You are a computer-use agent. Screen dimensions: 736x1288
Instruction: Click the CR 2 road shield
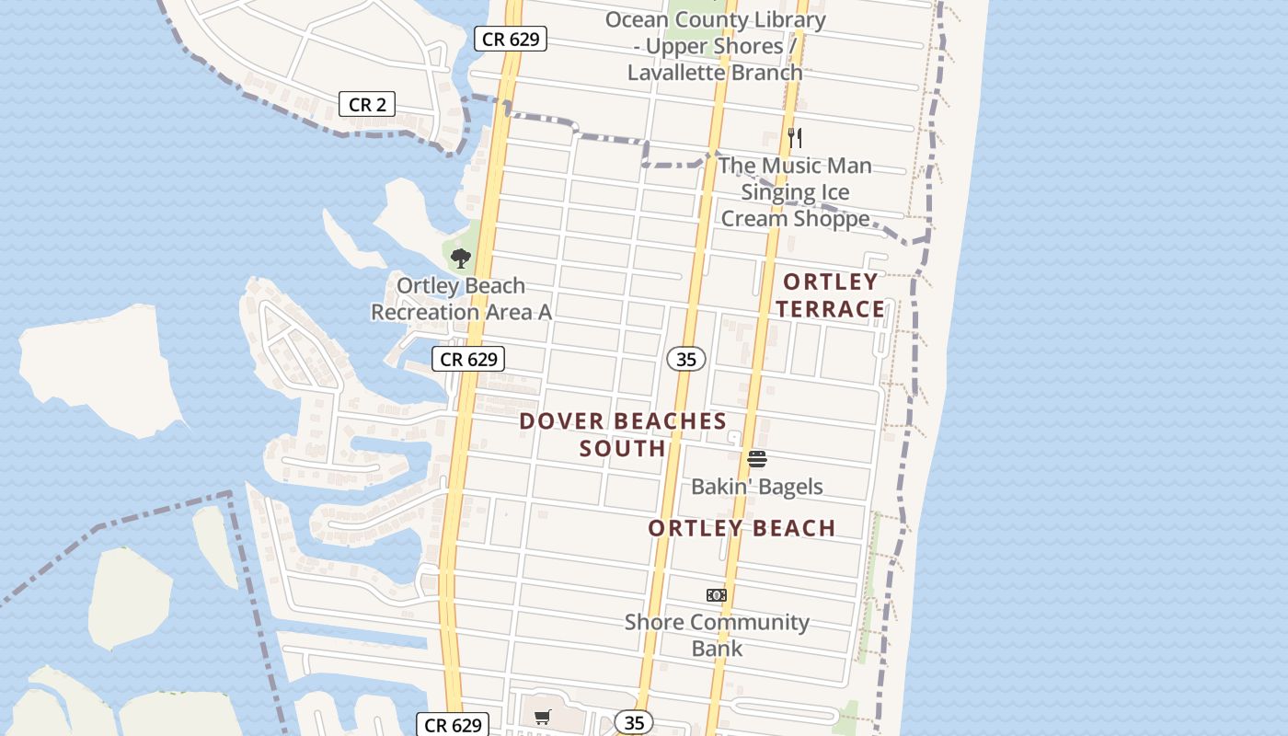click(367, 105)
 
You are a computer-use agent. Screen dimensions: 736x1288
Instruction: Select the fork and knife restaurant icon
click(795, 139)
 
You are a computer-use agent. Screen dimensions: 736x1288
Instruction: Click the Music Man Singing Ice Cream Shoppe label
click(796, 192)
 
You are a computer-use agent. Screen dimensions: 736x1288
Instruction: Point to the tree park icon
click(460, 258)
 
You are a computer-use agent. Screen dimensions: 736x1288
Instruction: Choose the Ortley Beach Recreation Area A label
click(461, 299)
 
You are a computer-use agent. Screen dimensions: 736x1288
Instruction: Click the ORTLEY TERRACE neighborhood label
click(830, 295)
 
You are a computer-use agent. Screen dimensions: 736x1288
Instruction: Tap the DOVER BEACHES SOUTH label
click(623, 434)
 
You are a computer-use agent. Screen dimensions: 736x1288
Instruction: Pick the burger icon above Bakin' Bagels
click(756, 458)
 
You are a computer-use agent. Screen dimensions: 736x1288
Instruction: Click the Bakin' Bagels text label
click(756, 486)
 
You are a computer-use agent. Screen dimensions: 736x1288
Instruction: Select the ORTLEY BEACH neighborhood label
click(742, 528)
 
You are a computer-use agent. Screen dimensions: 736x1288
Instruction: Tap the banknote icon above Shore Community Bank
click(717, 595)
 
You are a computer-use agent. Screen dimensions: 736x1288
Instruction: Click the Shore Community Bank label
click(717, 635)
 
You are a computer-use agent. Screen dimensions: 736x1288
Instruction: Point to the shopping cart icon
click(543, 717)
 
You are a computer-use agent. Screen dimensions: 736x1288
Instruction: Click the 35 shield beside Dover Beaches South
click(686, 360)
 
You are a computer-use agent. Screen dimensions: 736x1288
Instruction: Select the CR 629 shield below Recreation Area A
click(469, 359)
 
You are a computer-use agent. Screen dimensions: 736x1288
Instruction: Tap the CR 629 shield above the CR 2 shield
click(511, 39)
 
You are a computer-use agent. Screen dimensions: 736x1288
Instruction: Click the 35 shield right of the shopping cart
click(634, 723)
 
